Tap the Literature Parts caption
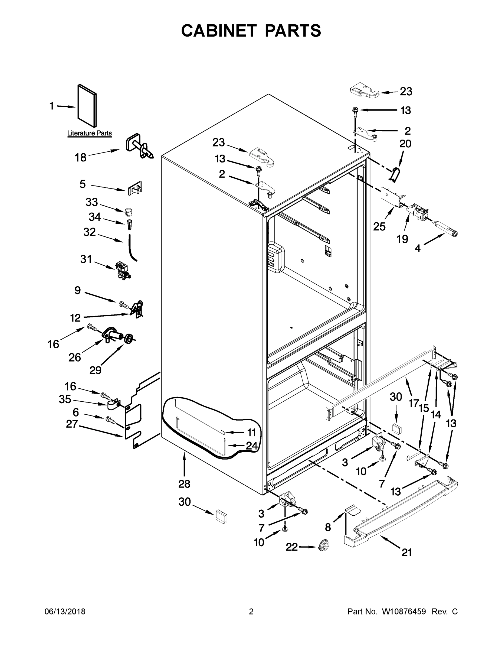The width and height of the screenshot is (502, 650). (89, 133)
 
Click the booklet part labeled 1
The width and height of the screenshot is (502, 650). (87, 106)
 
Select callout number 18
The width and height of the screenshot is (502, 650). (80, 157)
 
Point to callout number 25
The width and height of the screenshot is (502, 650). (379, 226)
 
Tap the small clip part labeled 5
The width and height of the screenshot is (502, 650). (135, 188)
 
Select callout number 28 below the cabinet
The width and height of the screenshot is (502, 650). (184, 484)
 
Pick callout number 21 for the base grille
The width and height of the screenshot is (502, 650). (406, 553)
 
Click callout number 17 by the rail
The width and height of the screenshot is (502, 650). (414, 403)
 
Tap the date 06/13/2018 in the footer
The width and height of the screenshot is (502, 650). (65, 612)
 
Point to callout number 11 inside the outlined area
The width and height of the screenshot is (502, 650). (251, 432)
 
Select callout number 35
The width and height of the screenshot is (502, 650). (65, 399)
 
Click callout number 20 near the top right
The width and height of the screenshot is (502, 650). (405, 144)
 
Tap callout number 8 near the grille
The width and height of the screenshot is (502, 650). (328, 527)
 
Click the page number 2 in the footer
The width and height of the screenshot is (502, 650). (251, 612)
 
